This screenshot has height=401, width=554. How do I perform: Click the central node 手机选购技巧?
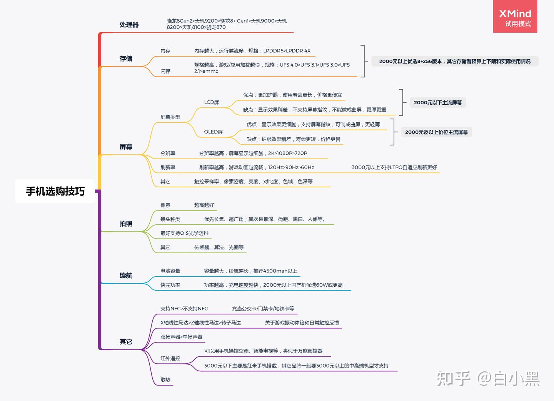pyautogui.click(x=55, y=191)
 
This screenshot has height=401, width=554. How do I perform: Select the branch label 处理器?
pyautogui.click(x=129, y=25)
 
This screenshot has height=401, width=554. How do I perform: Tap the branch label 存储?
pyautogui.click(x=126, y=58)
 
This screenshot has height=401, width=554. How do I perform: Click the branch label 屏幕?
pyautogui.click(x=126, y=147)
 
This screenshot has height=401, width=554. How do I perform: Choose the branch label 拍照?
pyautogui.click(x=126, y=224)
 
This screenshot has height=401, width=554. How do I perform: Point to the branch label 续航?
pyautogui.click(x=126, y=276)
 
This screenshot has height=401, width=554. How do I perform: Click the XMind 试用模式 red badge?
pyautogui.click(x=515, y=17)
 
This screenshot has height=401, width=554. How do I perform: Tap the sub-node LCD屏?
pyautogui.click(x=212, y=102)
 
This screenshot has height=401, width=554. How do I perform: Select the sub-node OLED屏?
pyautogui.click(x=214, y=132)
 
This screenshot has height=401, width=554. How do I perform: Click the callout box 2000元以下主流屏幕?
pyautogui.click(x=438, y=103)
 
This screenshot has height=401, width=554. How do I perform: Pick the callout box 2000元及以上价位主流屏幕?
pyautogui.click(x=436, y=132)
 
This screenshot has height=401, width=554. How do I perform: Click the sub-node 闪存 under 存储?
pyautogui.click(x=165, y=71)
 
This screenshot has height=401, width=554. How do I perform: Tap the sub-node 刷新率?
pyautogui.click(x=168, y=167)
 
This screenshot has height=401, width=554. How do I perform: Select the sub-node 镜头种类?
pyautogui.click(x=170, y=219)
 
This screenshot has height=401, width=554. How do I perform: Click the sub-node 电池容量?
pyautogui.click(x=170, y=271)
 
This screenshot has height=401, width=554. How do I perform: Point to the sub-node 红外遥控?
pyautogui.click(x=170, y=358)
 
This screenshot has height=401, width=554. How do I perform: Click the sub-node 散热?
pyautogui.click(x=165, y=380)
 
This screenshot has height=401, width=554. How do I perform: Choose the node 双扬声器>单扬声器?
pyautogui.click(x=181, y=337)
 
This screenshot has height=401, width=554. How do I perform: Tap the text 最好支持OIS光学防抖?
pyautogui.click(x=184, y=234)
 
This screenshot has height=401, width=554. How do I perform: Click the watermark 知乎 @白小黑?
pyautogui.click(x=488, y=379)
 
